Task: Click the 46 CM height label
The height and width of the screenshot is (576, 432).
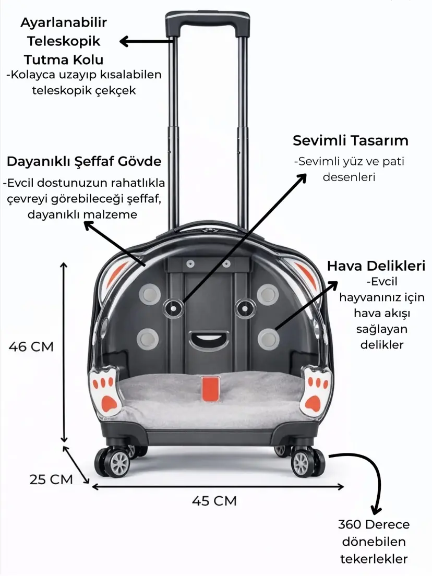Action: pyautogui.click(x=31, y=346)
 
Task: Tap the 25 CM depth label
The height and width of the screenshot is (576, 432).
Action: pyautogui.click(x=51, y=479)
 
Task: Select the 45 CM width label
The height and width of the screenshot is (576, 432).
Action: pyautogui.click(x=214, y=501)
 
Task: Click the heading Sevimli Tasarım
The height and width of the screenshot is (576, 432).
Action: pyautogui.click(x=351, y=140)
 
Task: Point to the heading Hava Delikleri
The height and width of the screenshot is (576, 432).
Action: pyautogui.click(x=376, y=266)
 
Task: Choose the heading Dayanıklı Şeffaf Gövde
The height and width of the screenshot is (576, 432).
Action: pyautogui.click(x=84, y=161)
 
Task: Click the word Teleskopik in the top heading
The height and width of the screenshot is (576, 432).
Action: pyautogui.click(x=64, y=41)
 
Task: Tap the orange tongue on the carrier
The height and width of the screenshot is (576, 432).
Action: pyautogui.click(x=210, y=388)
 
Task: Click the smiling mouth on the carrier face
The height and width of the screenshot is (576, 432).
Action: pyautogui.click(x=209, y=340)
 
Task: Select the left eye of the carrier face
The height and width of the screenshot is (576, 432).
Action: pyautogui.click(x=174, y=308)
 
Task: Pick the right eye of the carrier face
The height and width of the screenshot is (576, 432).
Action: pyautogui.click(x=245, y=308)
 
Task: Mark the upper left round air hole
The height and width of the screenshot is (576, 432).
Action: pyautogui.click(x=150, y=294)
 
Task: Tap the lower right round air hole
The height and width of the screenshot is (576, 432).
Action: pyautogui.click(x=269, y=339)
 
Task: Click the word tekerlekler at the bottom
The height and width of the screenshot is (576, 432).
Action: pyautogui.click(x=374, y=559)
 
